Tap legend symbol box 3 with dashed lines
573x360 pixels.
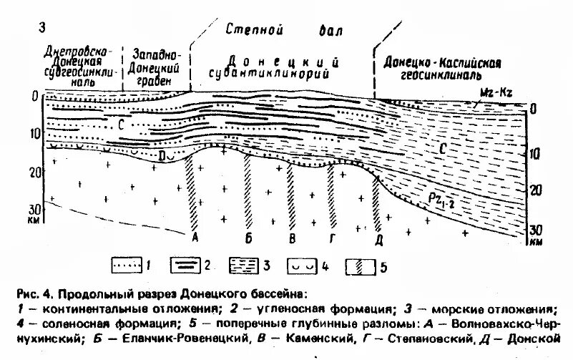click(x=243, y=266)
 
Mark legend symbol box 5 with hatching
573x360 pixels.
click(x=361, y=266)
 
